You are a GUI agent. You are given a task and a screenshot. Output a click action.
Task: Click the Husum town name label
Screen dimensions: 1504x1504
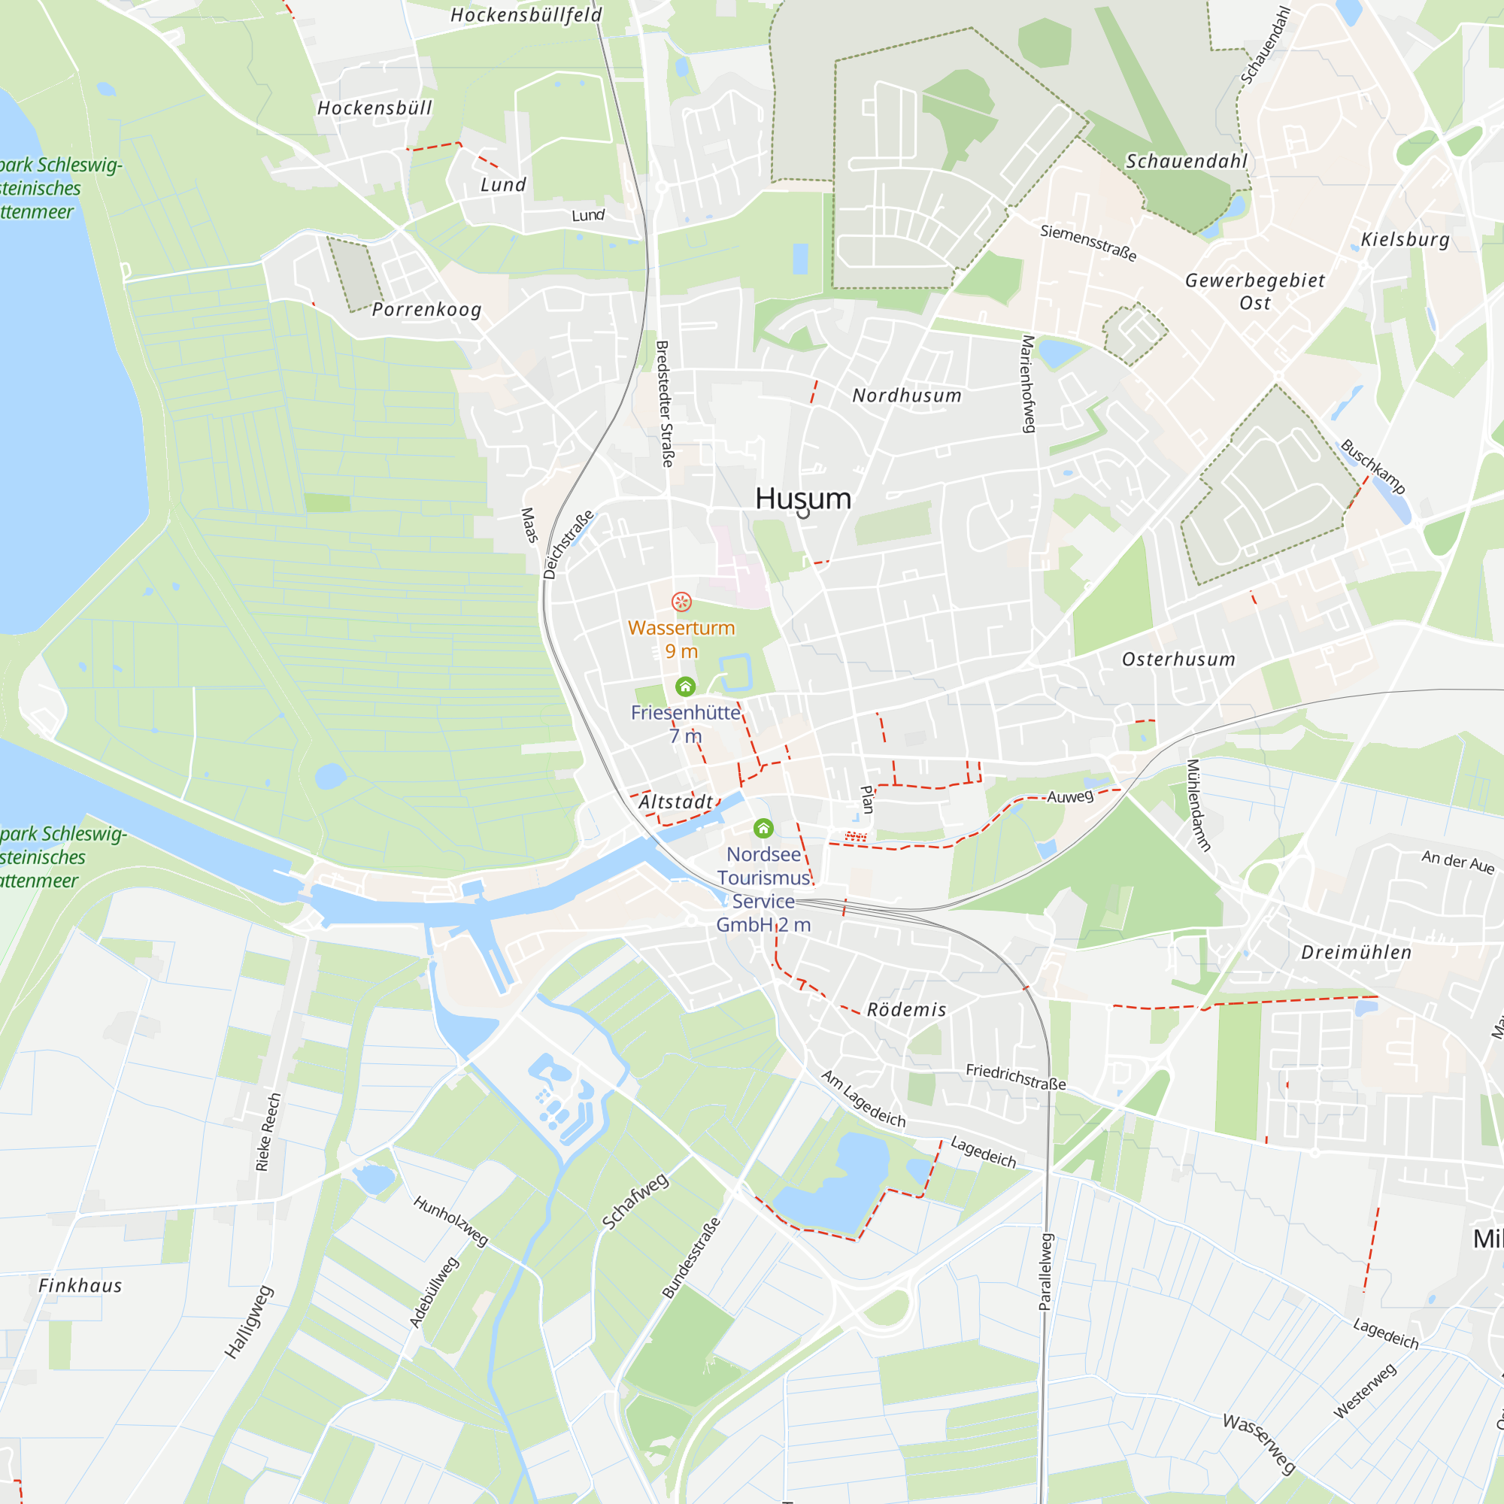pos(802,499)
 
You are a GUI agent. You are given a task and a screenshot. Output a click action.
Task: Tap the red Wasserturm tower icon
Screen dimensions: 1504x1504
pos(681,602)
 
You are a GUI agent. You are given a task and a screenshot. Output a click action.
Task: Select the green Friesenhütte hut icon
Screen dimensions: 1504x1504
pos(685,687)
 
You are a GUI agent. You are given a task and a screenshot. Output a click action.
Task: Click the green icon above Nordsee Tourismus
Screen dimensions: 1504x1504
pos(764,828)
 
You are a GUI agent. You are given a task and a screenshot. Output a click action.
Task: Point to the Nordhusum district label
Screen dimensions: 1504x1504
pos(907,396)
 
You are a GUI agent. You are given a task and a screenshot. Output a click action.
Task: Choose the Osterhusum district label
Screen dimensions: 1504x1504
pos(1178,660)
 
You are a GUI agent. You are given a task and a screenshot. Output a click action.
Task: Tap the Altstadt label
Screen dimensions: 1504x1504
pos(676,802)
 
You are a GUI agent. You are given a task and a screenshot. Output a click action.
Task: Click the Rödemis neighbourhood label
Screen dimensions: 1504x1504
pos(907,1010)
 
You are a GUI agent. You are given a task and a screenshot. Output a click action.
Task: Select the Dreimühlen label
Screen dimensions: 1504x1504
pos(1356,952)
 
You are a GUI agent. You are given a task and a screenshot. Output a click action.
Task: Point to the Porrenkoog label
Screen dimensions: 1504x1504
pos(426,309)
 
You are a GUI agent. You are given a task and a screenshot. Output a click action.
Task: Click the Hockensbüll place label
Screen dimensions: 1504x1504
pos(374,108)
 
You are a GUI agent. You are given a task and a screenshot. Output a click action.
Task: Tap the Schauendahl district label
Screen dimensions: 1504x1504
pos(1187,161)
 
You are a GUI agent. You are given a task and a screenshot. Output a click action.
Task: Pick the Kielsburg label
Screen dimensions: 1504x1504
pos(1405,239)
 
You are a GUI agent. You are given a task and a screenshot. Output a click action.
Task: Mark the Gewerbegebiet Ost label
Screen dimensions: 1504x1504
pos(1255,291)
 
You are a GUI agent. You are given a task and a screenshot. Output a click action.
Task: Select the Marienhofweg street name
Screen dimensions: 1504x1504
pos(1028,384)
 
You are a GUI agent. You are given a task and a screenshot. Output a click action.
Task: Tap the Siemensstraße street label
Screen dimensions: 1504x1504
pos(1088,242)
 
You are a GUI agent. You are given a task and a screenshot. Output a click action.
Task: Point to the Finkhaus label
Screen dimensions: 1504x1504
pos(80,1285)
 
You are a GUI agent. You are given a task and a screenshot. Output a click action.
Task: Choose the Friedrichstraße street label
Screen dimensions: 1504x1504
pos(1016,1077)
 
